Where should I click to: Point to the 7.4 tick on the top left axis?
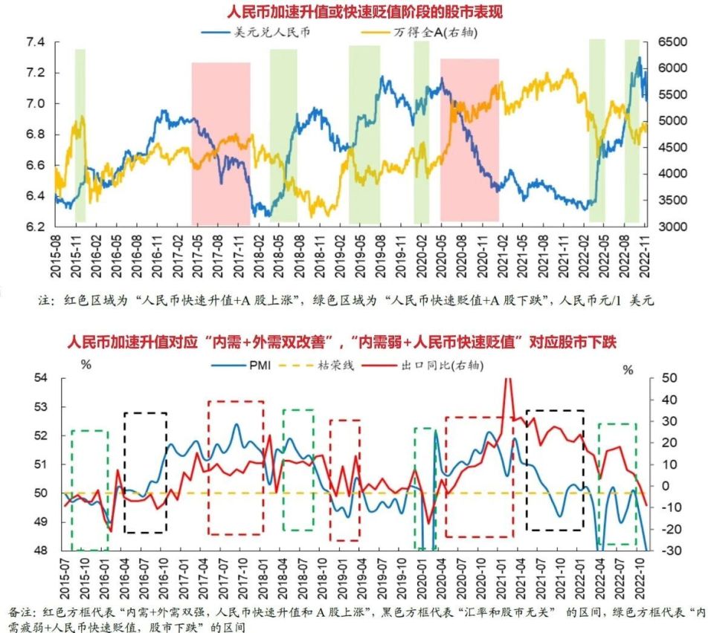[34, 42]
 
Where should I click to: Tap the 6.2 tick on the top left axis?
[34, 227]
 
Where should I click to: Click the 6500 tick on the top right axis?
[672, 42]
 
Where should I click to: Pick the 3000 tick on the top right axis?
[672, 227]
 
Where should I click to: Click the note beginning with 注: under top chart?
[341, 302]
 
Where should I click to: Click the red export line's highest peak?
[508, 380]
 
